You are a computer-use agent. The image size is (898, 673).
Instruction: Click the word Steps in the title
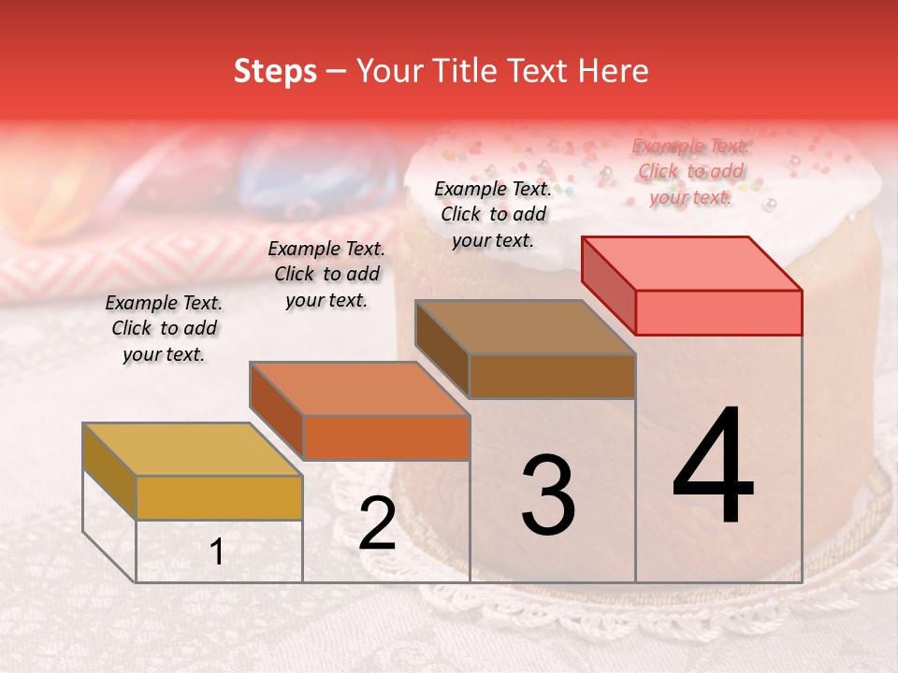275,71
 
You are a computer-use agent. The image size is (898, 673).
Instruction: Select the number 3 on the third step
548,495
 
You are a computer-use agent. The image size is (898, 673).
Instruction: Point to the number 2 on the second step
377,524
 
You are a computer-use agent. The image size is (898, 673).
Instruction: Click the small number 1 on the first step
217,552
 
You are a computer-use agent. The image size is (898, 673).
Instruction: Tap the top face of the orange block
359,389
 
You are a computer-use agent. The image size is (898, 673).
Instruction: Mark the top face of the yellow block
193,450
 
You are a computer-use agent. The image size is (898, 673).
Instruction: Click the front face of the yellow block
219,497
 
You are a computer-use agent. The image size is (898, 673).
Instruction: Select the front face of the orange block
385,437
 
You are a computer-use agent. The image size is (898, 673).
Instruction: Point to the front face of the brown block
552,376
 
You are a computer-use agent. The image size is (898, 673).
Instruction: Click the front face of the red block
718,312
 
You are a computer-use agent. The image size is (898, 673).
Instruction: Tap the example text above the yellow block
164,328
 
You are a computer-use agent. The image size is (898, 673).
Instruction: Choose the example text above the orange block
326,274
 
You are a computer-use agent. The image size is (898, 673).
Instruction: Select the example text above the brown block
493,214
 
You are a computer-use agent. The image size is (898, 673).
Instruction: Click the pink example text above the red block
691,171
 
